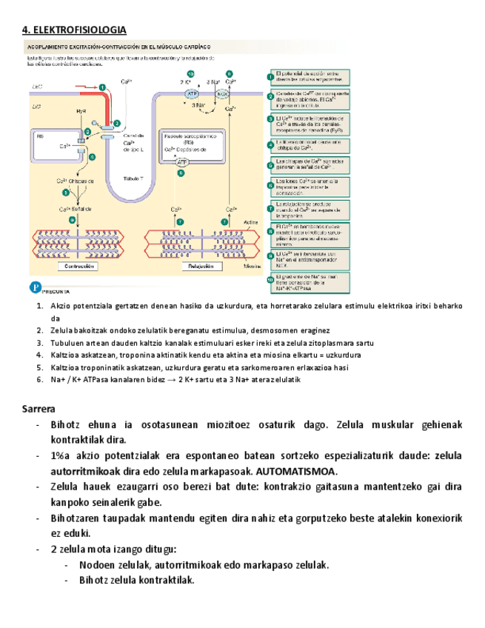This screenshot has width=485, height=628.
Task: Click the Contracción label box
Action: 78,265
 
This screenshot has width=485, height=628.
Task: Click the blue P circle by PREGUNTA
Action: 34,287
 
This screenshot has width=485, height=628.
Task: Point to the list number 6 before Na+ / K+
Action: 40,379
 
